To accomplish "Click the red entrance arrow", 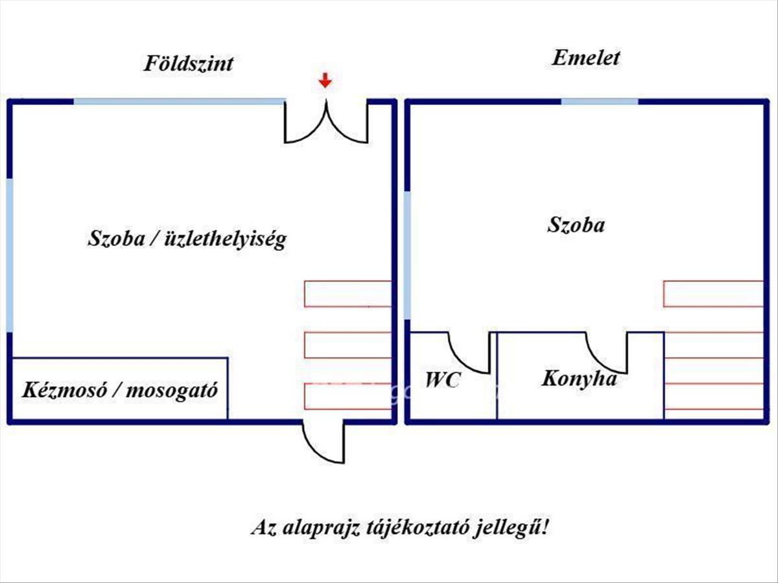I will click(325, 81).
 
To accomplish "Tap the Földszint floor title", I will click(188, 64).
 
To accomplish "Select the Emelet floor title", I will click(586, 58).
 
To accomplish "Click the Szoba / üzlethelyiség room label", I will click(187, 240).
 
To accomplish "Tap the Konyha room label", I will click(579, 378).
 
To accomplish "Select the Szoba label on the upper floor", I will click(576, 225).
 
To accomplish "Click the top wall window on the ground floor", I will click(179, 102).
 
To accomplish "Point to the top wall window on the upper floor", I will click(599, 102).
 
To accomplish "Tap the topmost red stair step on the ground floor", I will click(348, 293).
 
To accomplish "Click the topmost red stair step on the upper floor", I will click(713, 293).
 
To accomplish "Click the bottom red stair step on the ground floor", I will click(348, 396).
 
